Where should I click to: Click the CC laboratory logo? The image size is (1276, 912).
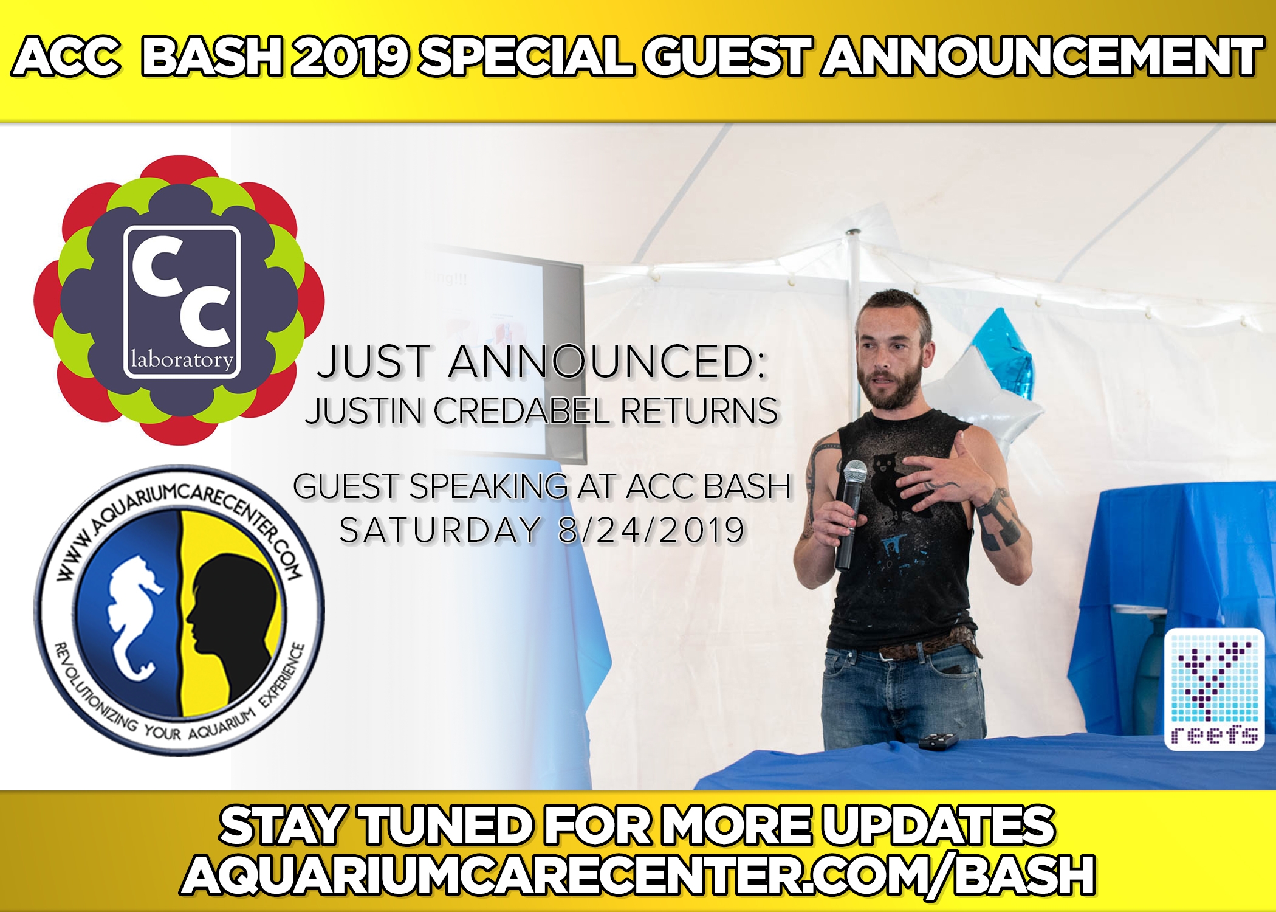click(x=179, y=300)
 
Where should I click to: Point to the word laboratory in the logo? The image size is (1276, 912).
click(x=182, y=359)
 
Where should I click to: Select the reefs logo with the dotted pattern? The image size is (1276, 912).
click(x=1214, y=689)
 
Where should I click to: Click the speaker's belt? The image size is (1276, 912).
click(x=924, y=646)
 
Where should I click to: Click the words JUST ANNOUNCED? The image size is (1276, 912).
click(x=542, y=362)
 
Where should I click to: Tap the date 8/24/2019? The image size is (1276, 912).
click(x=651, y=530)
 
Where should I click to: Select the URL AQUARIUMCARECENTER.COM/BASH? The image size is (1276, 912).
click(x=638, y=875)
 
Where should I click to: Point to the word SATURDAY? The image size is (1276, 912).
click(x=439, y=530)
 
